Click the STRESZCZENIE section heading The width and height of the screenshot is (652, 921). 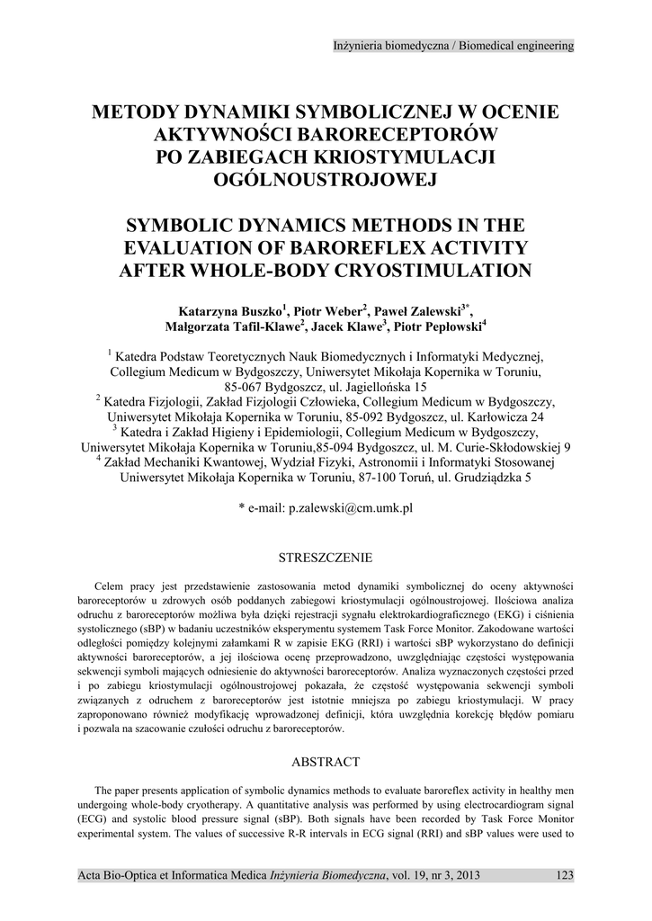326,558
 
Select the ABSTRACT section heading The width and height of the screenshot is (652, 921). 326,762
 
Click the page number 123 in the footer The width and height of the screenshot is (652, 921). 564,874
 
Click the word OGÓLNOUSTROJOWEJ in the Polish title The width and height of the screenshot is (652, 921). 326,179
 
